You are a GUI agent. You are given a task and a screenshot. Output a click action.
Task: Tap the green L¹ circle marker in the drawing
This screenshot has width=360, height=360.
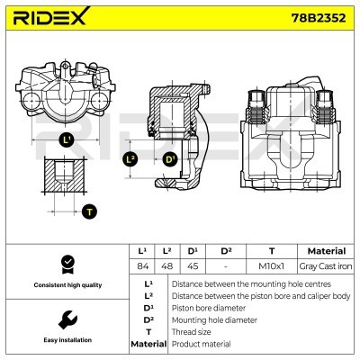(x=67, y=139)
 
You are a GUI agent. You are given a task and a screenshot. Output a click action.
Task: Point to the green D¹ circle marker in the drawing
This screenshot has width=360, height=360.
(x=170, y=159)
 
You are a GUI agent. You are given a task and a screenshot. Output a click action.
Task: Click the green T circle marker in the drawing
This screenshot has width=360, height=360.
(x=88, y=211)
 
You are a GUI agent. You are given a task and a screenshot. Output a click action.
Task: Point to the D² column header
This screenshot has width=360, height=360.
(x=227, y=250)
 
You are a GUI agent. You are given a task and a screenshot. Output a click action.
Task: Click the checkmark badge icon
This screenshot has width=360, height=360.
(x=66, y=263)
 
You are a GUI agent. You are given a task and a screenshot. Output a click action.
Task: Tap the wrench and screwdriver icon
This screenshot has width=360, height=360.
(x=66, y=320)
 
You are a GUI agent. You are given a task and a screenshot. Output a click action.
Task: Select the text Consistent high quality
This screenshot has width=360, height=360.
(x=66, y=285)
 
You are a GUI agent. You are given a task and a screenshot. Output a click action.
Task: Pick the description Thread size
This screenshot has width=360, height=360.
(x=192, y=331)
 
